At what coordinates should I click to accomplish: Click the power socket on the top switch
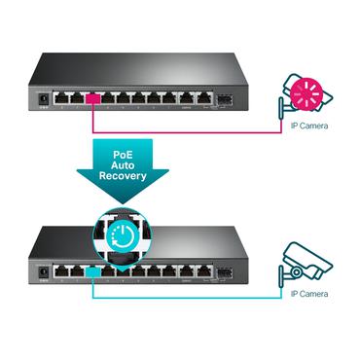pos(42,97)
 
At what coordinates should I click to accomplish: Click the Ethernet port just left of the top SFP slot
pos(202,97)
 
